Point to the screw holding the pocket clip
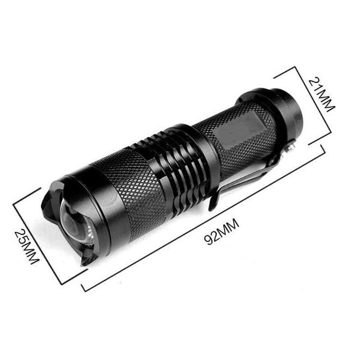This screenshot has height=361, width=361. [x=292, y=145]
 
